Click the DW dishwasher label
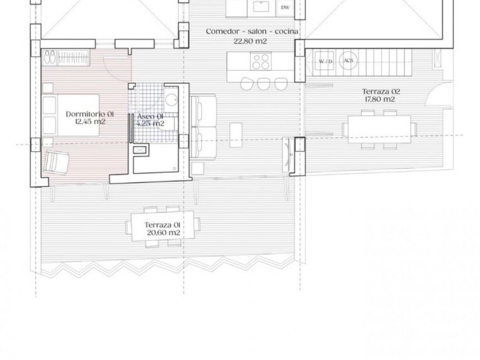click(x=285, y=8)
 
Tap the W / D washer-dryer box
click(x=326, y=61)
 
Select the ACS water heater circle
click(x=348, y=60)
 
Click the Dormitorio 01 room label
click(x=90, y=114)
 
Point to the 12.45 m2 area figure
click(x=90, y=121)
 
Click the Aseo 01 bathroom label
click(x=150, y=117)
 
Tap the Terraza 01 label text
click(x=162, y=225)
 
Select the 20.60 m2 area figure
click(x=163, y=233)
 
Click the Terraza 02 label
click(x=381, y=92)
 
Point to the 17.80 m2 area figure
click(x=380, y=99)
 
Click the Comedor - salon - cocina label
click(x=252, y=31)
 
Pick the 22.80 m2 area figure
click(x=250, y=41)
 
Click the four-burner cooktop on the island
click(x=260, y=61)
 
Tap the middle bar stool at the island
click(x=263, y=83)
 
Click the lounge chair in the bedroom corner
click(x=56, y=162)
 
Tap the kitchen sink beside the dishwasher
click(x=261, y=6)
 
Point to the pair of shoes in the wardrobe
click(x=49, y=57)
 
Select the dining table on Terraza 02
click(x=380, y=129)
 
